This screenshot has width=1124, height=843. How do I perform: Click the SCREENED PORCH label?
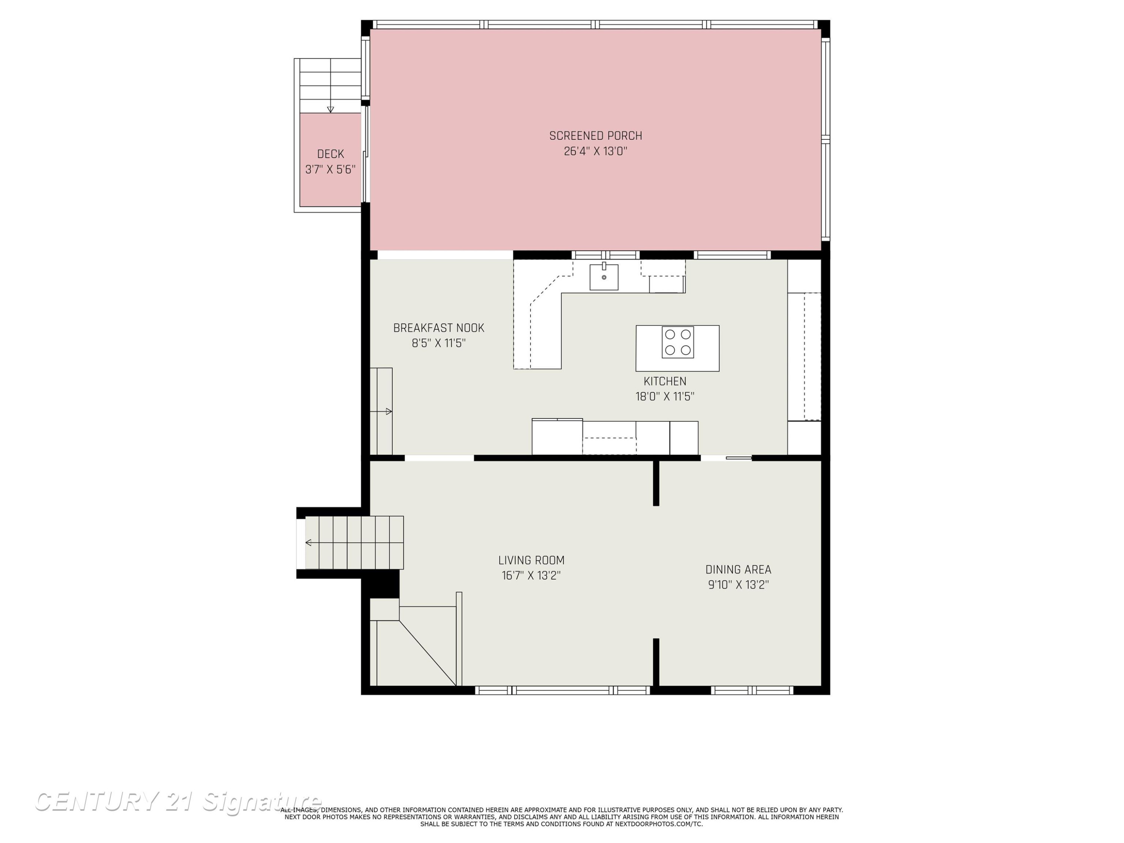[596, 136]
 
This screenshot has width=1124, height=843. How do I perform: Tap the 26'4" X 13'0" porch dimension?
[596, 151]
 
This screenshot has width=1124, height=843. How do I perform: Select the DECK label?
[330, 154]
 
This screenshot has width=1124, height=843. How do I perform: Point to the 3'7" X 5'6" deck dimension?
[330, 169]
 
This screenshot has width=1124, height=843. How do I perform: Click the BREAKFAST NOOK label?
[438, 328]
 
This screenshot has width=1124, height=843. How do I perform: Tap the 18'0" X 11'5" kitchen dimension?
[665, 396]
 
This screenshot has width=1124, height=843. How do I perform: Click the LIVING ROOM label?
[531, 560]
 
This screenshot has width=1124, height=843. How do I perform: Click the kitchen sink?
[604, 277]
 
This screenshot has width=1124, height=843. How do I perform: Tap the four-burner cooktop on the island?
[677, 342]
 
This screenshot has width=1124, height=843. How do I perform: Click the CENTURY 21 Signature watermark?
[178, 801]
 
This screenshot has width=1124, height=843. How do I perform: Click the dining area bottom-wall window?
[752, 690]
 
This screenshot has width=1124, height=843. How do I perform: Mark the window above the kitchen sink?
[605, 255]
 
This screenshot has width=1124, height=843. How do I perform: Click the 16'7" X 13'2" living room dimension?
[531, 575]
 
